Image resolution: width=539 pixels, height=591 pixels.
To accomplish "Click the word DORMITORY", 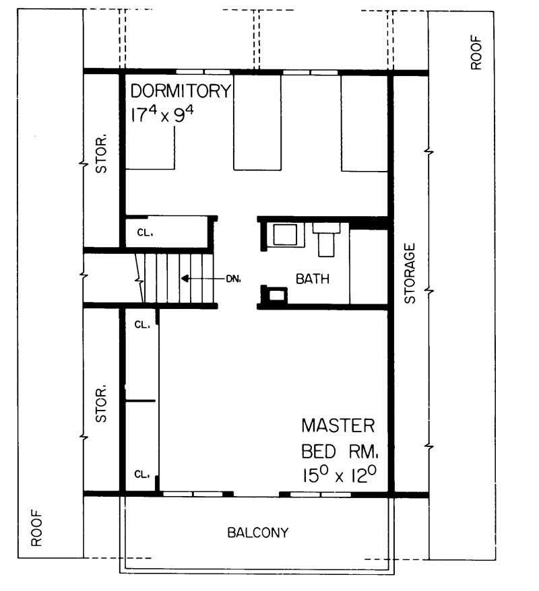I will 181,91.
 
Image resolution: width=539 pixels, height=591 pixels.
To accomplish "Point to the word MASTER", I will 338,426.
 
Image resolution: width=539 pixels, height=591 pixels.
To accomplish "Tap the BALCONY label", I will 257,533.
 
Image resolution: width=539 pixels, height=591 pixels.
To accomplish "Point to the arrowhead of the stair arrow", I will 183,278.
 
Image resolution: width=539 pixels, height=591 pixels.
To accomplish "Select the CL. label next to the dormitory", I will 146,234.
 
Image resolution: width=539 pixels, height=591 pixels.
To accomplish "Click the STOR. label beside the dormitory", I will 102,156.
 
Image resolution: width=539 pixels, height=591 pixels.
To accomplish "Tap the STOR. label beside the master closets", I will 102,404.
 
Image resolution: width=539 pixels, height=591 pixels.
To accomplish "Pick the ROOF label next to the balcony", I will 37,528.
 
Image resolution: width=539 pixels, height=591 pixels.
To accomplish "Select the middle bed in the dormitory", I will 257,123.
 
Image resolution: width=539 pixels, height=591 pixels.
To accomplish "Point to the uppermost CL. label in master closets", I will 141,324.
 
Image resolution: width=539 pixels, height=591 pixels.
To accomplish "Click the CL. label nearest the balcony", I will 141,473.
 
